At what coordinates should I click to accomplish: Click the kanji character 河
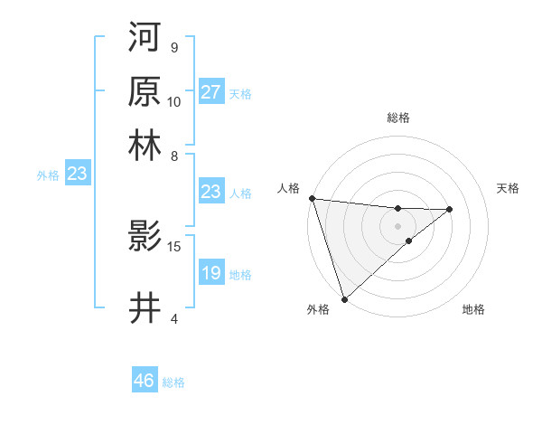tap(145, 37)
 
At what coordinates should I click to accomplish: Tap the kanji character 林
tap(145, 145)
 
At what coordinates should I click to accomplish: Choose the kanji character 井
tap(145, 307)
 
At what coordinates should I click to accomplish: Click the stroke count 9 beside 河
tap(173, 47)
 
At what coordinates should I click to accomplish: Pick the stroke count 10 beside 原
tap(174, 101)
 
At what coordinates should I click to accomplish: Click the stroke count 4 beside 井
tap(173, 318)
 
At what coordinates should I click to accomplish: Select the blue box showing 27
tap(210, 92)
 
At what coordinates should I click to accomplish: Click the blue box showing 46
tap(144, 381)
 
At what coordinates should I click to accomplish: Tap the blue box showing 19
tap(210, 273)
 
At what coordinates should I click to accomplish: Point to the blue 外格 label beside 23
tap(48, 175)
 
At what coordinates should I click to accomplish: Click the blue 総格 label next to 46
tap(173, 382)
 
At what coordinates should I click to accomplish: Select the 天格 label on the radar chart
tap(508, 188)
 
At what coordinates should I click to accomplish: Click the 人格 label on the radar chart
tap(288, 188)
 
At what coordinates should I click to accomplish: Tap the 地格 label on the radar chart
tap(473, 310)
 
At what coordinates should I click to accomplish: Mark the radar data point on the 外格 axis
tap(344, 298)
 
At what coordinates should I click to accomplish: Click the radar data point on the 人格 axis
tap(311, 198)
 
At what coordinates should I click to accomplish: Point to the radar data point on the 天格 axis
tap(450, 210)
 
